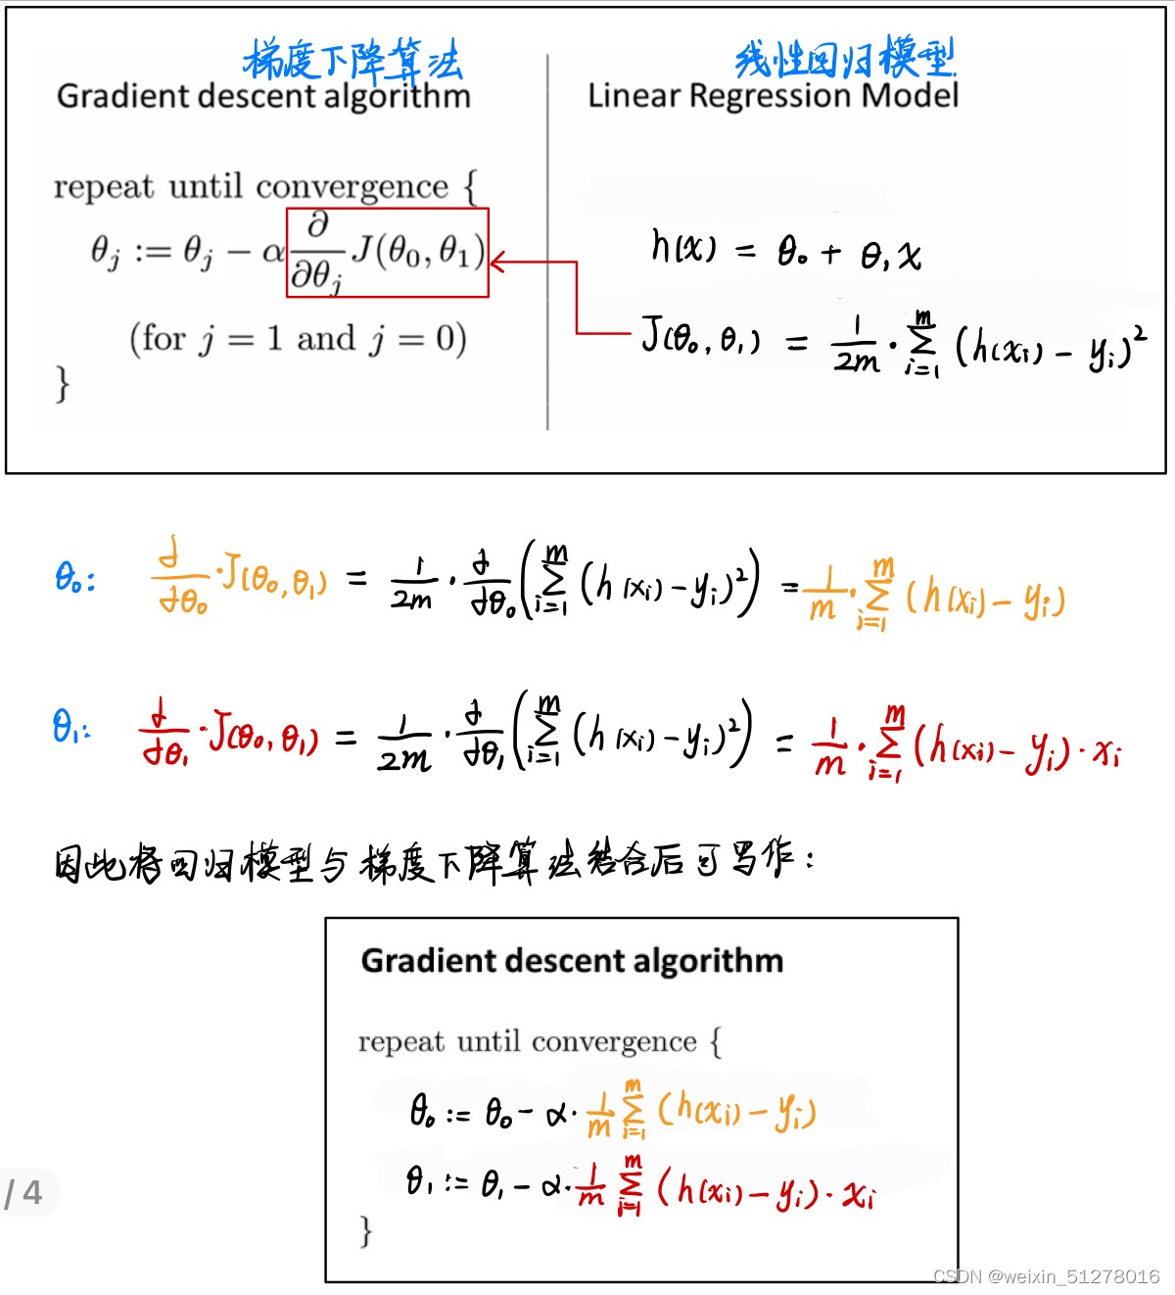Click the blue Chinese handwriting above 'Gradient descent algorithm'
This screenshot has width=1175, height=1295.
click(x=352, y=60)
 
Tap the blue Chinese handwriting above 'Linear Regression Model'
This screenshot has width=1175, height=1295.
click(x=844, y=58)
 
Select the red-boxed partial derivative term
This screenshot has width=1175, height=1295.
click(x=388, y=253)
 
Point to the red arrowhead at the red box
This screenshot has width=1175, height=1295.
click(x=497, y=263)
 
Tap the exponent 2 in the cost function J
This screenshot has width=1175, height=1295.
click(x=1140, y=334)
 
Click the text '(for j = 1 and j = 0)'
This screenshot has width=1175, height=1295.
click(x=298, y=339)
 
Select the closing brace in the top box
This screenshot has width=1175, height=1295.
click(x=63, y=383)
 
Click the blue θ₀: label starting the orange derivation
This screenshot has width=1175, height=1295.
click(x=74, y=578)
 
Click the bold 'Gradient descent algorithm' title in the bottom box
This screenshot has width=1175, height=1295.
click(x=572, y=961)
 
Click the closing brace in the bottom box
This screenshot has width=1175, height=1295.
click(x=366, y=1230)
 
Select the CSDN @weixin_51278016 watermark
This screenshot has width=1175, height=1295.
click(x=1046, y=1276)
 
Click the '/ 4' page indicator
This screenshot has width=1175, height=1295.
click(x=24, y=1193)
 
